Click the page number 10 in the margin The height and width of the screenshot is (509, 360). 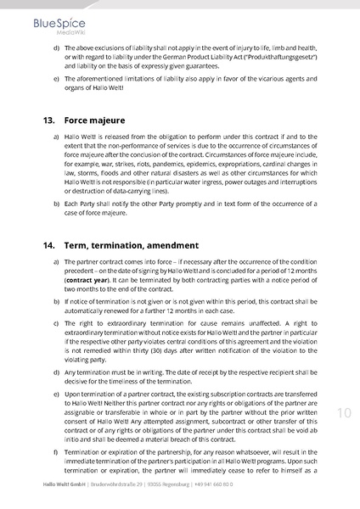pos(344,413)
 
